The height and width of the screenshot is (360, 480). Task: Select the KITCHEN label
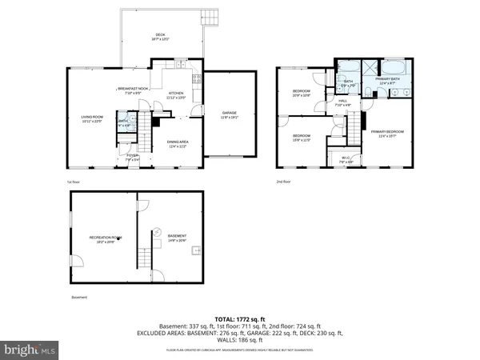(176, 94)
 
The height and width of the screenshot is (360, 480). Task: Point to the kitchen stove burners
(196, 79)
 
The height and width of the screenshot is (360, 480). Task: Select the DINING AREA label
(178, 143)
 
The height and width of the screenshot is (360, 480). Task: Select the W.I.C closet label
(346, 158)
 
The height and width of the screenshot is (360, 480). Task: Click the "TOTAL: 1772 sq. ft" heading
(240, 318)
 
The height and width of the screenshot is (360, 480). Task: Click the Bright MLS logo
(30, 349)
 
